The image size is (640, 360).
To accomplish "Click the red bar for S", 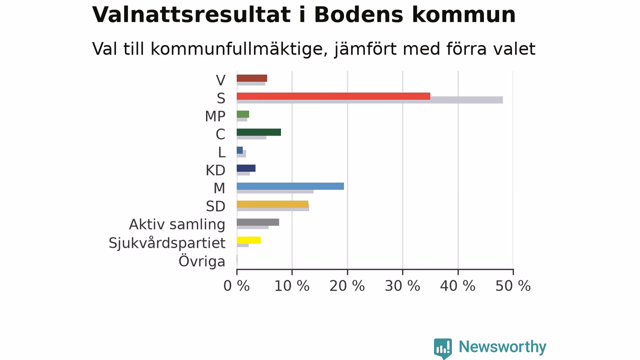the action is (333, 96).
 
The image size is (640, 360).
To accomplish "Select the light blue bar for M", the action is (290, 186).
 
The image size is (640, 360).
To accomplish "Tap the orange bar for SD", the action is (272, 204).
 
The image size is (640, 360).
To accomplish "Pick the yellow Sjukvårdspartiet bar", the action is (249, 240).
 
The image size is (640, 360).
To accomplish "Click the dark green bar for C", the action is (259, 132).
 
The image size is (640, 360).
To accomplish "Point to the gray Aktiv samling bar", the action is (258, 222).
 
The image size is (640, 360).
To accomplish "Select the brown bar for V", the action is (252, 78).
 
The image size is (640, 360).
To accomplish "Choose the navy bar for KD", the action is (246, 168).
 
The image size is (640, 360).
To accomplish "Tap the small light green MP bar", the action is (243, 114).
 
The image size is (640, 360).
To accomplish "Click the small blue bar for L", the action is (239, 150).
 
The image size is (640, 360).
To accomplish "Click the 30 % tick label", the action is (402, 286).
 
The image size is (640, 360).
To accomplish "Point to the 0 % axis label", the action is (236, 286).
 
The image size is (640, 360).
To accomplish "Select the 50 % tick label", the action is (513, 286).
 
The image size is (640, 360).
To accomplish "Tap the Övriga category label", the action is (202, 261).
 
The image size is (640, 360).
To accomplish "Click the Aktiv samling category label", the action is (177, 224).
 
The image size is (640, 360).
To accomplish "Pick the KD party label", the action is (215, 170).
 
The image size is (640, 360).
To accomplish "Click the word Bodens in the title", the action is (358, 14).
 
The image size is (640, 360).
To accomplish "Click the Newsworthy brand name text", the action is (502, 347).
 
